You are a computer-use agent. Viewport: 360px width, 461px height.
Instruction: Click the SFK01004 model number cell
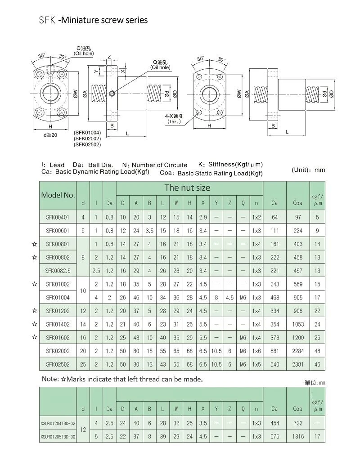(x=58, y=298)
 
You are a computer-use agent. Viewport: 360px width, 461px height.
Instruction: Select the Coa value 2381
(x=297, y=365)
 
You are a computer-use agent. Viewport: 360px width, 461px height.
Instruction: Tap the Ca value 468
(x=274, y=298)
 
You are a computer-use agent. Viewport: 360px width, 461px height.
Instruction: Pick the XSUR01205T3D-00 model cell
(x=58, y=437)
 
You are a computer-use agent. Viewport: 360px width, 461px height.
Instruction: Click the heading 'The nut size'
(x=187, y=188)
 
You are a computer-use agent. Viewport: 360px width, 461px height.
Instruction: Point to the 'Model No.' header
(x=58, y=195)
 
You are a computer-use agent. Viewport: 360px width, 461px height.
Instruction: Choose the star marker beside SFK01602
(x=35, y=337)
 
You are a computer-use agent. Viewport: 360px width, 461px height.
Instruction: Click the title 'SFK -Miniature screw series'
(x=93, y=20)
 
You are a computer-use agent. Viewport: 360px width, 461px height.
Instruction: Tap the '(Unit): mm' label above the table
(x=308, y=170)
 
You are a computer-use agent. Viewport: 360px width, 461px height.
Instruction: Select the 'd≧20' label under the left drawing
(x=50, y=135)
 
